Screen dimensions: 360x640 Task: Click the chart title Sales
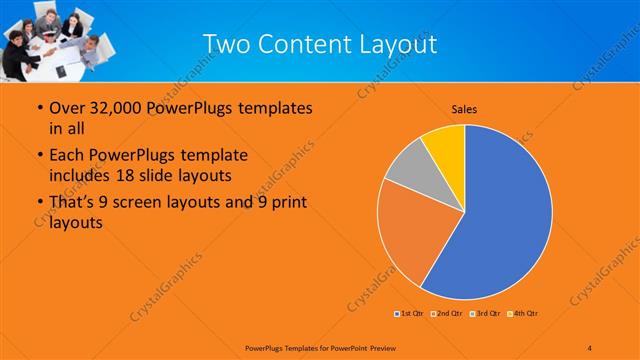tap(464, 107)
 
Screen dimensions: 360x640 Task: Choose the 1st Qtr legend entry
tap(408, 314)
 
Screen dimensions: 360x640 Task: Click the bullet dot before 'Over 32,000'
tap(38, 108)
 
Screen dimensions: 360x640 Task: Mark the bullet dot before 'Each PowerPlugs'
tap(38, 156)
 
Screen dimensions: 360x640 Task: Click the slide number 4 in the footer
tap(590, 347)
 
